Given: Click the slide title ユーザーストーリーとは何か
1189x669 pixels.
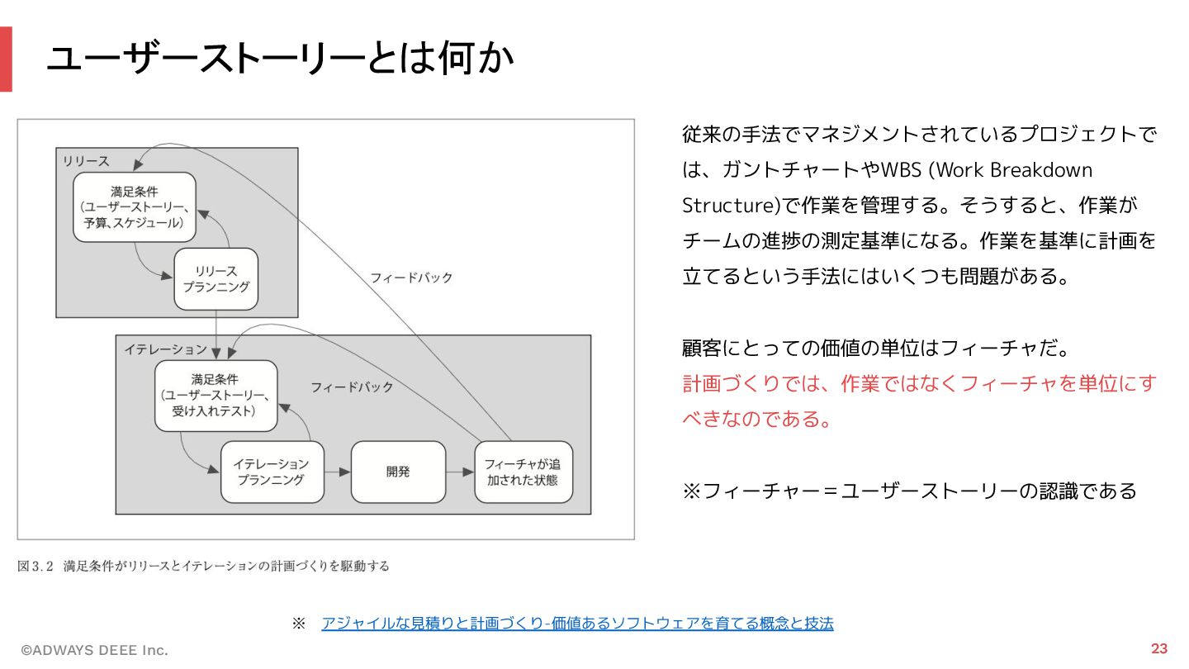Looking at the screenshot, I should point(280,59).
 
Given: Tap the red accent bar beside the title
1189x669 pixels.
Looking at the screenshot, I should point(6,59).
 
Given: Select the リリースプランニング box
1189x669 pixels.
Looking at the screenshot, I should point(216,279).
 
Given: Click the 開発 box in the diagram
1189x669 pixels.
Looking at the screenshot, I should point(398,472).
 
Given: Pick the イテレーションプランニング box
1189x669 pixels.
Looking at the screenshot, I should point(272,472).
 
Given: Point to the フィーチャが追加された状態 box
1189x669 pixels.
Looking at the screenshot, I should point(523,472).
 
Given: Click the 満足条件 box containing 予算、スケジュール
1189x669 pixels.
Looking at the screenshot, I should point(134,206).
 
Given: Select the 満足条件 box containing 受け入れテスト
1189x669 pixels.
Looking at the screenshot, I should point(216,395).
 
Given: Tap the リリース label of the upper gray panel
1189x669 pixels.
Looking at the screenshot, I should point(86,161).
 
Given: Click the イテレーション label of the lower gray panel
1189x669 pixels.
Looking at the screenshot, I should point(165,349).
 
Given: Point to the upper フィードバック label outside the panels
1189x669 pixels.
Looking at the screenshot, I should point(411,278).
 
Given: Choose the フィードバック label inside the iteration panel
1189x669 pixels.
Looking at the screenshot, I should point(352,387).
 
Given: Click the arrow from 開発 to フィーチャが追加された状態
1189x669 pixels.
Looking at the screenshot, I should point(460,472).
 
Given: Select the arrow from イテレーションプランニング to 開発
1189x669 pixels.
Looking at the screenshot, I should point(337,472).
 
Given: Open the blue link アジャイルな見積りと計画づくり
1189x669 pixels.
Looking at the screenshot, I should point(577,624).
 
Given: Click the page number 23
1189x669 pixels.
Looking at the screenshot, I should point(1159,648).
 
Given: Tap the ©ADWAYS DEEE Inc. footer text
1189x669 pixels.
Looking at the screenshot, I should point(94,650).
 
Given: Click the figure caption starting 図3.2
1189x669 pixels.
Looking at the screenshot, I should point(203,567).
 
